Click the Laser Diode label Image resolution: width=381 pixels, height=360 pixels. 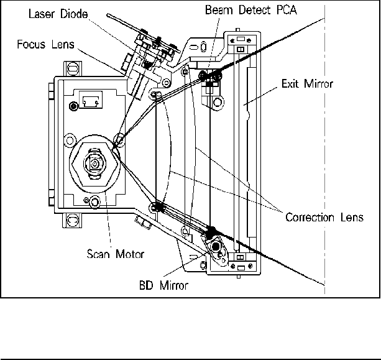click(x=58, y=14)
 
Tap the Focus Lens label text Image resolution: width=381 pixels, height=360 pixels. click(x=45, y=44)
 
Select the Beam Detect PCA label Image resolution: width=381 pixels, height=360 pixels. click(x=251, y=10)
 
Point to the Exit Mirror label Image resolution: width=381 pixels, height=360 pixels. click(x=307, y=84)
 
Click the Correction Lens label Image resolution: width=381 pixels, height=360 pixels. click(x=324, y=217)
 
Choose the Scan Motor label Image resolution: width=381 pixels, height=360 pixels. click(x=116, y=254)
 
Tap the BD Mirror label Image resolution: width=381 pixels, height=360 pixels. click(x=163, y=285)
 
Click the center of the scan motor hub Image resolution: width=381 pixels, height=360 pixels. click(x=94, y=164)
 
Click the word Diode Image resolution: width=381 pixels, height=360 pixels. click(x=74, y=14)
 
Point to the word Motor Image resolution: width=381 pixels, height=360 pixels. click(x=130, y=254)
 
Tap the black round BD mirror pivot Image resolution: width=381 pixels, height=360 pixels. click(x=216, y=247)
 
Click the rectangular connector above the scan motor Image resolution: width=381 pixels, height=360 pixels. click(x=91, y=100)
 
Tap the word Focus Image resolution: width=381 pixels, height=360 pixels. click(x=31, y=44)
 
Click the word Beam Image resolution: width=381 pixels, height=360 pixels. click(x=219, y=10)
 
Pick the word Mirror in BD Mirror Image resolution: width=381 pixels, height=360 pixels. click(x=174, y=285)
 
